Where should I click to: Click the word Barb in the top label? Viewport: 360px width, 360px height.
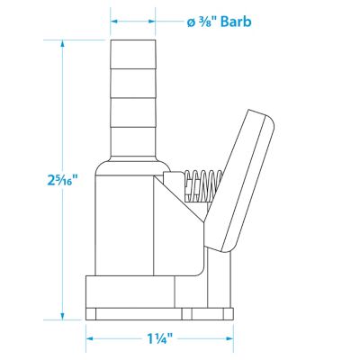tap(236, 22)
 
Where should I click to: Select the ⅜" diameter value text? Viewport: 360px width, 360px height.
tap(208, 22)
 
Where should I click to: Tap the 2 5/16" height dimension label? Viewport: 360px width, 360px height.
tap(62, 180)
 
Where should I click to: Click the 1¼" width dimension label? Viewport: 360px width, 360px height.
tap(159, 338)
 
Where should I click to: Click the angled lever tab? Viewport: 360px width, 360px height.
tap(240, 181)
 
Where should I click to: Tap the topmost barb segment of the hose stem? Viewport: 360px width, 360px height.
tap(133, 54)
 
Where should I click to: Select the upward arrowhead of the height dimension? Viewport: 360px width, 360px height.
tap(62, 44)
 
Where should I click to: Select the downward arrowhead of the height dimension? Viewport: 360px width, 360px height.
tap(62, 316)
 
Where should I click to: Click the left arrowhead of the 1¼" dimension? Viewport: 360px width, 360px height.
tap(90, 338)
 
